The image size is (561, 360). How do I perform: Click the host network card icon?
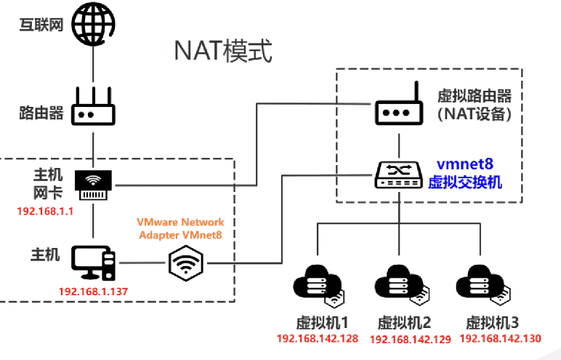(x=94, y=185)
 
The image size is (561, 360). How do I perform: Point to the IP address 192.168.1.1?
(x=42, y=212)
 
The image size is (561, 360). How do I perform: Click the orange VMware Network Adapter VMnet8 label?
(x=182, y=228)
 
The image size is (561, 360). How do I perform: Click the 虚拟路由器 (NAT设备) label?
(x=474, y=105)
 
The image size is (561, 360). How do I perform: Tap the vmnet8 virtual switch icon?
(x=399, y=174)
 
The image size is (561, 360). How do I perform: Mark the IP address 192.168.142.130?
(x=501, y=339)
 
